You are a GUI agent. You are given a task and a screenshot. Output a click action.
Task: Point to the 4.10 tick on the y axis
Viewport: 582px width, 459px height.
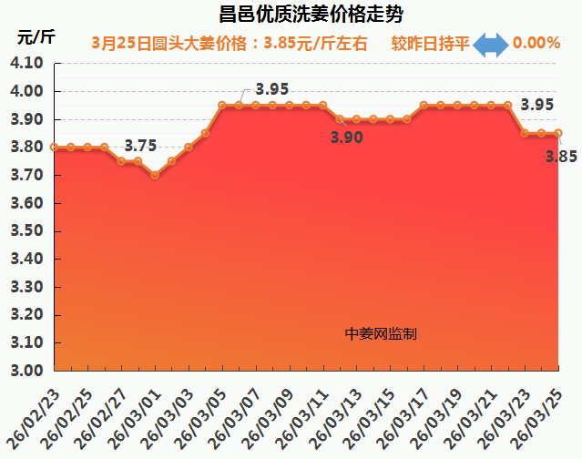(26, 64)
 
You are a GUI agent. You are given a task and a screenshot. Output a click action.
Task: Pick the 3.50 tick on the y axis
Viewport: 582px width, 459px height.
(26, 231)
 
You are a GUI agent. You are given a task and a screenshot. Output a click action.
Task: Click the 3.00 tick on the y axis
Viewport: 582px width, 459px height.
(26, 371)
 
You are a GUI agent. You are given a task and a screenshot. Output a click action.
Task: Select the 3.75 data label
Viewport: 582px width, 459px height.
(140, 146)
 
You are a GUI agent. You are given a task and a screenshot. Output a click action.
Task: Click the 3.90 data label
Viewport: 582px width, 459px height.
(347, 138)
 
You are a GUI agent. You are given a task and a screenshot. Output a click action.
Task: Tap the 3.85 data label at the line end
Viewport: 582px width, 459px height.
(562, 156)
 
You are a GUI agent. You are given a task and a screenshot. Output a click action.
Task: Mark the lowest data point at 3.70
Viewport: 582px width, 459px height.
(155, 175)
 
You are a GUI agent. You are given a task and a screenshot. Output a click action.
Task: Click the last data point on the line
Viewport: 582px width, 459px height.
(557, 133)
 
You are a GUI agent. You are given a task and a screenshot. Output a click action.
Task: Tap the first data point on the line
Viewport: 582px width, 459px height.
(55, 147)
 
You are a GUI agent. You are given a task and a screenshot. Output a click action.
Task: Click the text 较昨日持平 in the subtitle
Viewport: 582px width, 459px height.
(430, 43)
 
